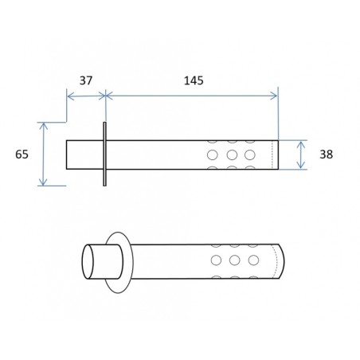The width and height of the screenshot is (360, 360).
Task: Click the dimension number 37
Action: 87,80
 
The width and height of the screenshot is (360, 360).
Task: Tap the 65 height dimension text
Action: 22,155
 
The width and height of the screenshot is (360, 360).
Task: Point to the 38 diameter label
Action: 326,155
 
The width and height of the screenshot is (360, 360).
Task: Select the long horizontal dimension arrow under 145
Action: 192,96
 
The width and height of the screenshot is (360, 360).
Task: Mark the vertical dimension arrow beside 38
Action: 301,155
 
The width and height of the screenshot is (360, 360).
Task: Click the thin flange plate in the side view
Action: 104,155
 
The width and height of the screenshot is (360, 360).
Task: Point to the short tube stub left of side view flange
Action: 84,155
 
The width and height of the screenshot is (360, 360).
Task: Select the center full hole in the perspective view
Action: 234,260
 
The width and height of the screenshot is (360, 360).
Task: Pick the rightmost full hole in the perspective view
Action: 253,260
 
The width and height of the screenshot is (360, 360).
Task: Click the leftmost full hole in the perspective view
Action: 215,260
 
